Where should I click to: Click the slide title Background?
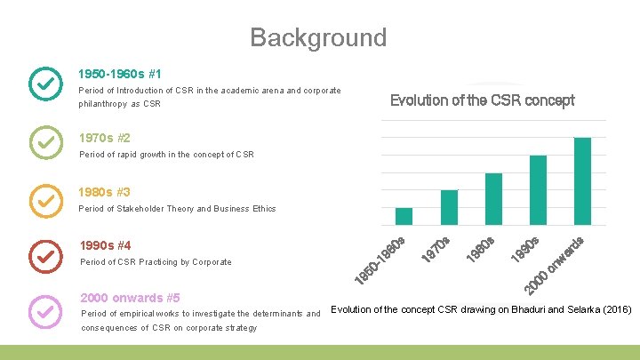pos(318,37)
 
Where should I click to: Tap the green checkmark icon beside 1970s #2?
pos(45,141)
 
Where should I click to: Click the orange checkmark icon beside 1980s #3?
pos(45,200)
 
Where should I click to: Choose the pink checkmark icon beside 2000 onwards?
pos(45,310)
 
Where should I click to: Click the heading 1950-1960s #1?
pos(120,74)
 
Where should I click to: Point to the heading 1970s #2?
pos(105,138)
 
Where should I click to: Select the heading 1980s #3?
pos(105,192)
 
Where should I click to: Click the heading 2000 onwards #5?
pos(130,298)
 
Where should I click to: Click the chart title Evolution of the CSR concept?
pos(483,100)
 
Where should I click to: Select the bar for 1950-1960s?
pos(404,216)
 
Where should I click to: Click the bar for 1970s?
pos(449,207)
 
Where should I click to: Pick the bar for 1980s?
pos(493,198)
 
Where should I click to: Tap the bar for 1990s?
pos(538,189)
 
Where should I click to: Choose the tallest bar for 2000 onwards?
pos(582,180)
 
